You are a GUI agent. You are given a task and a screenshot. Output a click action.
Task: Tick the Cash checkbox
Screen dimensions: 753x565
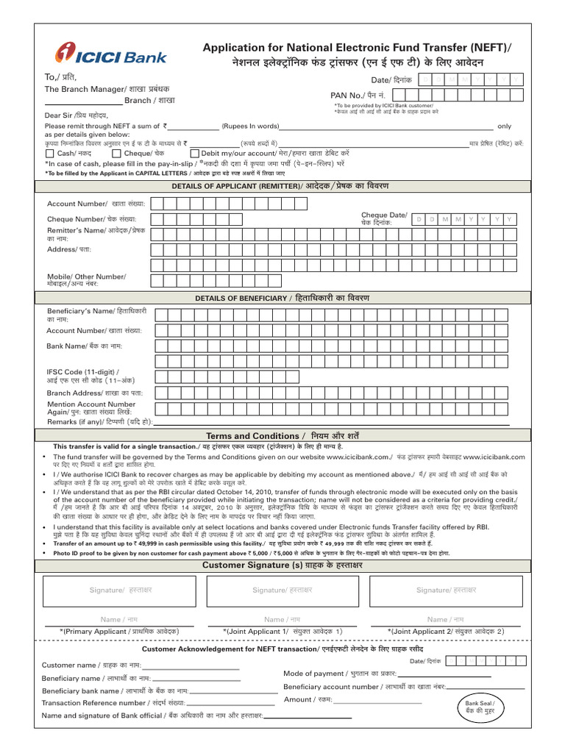tap(50, 154)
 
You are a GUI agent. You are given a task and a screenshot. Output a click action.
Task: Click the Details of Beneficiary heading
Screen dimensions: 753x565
tap(282, 298)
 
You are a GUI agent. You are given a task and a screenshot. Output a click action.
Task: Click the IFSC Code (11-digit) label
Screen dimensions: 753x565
tap(82, 373)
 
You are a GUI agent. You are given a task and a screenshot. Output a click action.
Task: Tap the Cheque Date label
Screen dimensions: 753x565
tap(383, 218)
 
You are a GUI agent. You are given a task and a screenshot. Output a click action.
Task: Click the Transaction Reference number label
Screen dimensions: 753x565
tap(93, 703)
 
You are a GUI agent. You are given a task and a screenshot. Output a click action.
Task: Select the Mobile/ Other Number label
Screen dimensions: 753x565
tap(86, 279)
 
